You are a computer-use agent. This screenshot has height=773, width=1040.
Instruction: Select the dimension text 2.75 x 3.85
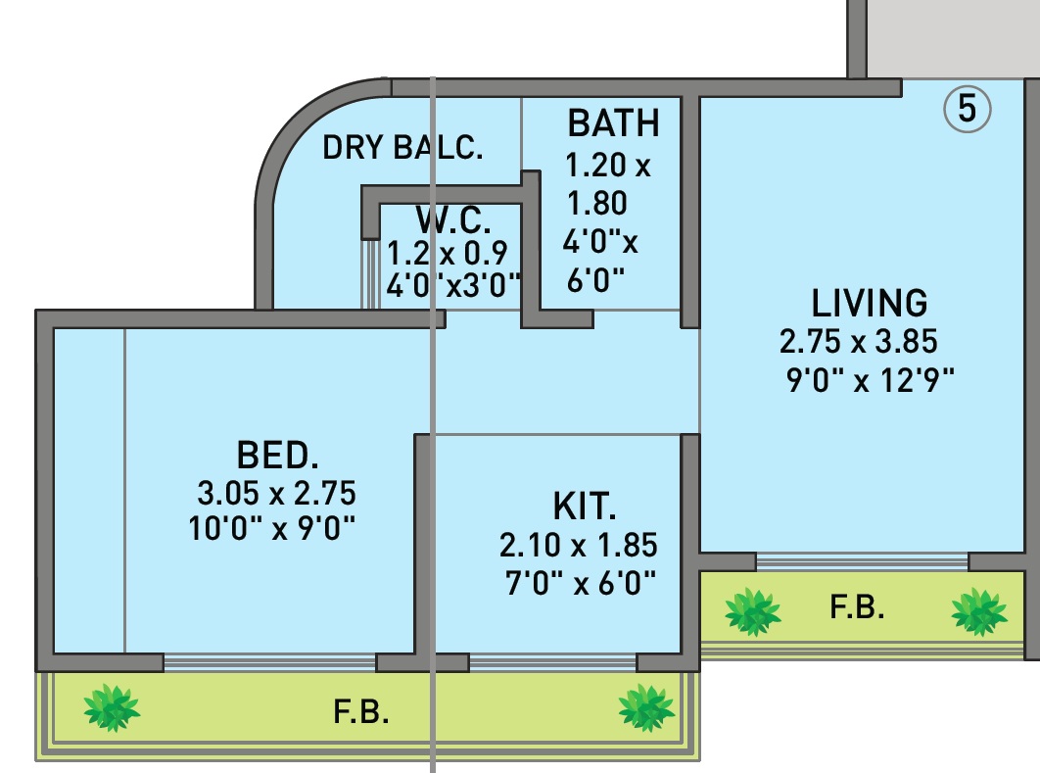(859, 342)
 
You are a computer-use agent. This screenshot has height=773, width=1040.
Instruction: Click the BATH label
(613, 124)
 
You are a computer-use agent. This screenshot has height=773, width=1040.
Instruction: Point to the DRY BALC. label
(402, 148)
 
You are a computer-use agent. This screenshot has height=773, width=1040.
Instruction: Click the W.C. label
(453, 218)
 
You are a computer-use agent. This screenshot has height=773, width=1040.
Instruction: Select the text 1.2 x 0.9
(448, 253)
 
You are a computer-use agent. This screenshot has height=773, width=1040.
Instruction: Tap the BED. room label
(278, 456)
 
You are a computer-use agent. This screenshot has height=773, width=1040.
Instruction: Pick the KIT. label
(585, 507)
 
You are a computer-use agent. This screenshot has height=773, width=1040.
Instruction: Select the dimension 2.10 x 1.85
(578, 545)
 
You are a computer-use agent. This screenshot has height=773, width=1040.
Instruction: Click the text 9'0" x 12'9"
(870, 378)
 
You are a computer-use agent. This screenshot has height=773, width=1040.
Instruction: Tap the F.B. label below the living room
(857, 608)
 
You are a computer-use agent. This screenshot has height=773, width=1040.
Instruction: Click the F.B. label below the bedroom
(361, 712)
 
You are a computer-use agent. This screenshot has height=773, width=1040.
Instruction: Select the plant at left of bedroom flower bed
(111, 707)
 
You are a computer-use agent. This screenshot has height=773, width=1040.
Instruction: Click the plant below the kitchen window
(645, 706)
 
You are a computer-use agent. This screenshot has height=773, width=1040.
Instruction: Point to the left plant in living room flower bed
(752, 611)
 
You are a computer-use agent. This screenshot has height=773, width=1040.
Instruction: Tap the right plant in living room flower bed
(978, 611)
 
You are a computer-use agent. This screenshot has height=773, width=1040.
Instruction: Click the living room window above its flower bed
(862, 562)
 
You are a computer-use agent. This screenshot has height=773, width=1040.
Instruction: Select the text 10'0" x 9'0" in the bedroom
(270, 529)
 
